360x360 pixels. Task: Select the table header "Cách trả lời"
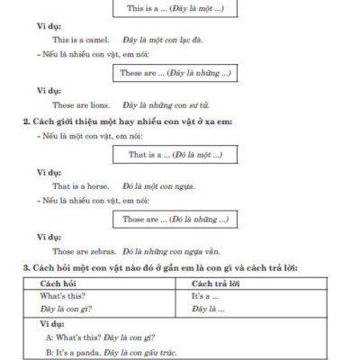click(220, 283)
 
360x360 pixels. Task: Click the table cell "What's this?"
click(64, 296)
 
